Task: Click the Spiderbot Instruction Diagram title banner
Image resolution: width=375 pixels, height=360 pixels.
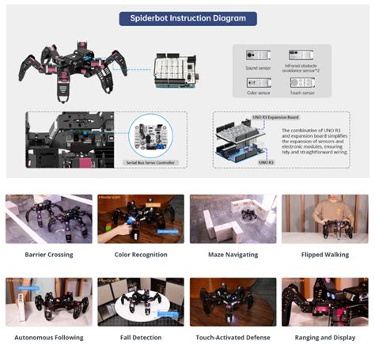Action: (187, 18)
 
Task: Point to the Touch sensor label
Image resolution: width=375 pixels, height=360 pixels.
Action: (302, 93)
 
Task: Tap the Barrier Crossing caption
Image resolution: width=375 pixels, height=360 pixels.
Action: (50, 255)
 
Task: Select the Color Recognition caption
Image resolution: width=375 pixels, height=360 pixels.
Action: (141, 255)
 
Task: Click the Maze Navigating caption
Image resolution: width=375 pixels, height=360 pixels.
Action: (233, 255)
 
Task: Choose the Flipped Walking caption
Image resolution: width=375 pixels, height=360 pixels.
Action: (324, 255)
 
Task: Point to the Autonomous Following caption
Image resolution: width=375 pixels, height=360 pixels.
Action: (50, 337)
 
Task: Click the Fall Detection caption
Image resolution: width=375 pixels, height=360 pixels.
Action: (141, 337)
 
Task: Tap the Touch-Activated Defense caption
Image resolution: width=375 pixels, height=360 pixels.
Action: (233, 337)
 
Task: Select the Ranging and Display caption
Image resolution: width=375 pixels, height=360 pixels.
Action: (324, 337)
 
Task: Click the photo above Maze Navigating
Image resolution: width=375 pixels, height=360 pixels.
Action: (233, 219)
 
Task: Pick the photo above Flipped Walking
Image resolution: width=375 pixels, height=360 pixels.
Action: (324, 219)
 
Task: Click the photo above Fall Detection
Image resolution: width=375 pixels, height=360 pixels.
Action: (141, 301)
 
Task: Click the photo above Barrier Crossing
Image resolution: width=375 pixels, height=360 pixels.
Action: (50, 219)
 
